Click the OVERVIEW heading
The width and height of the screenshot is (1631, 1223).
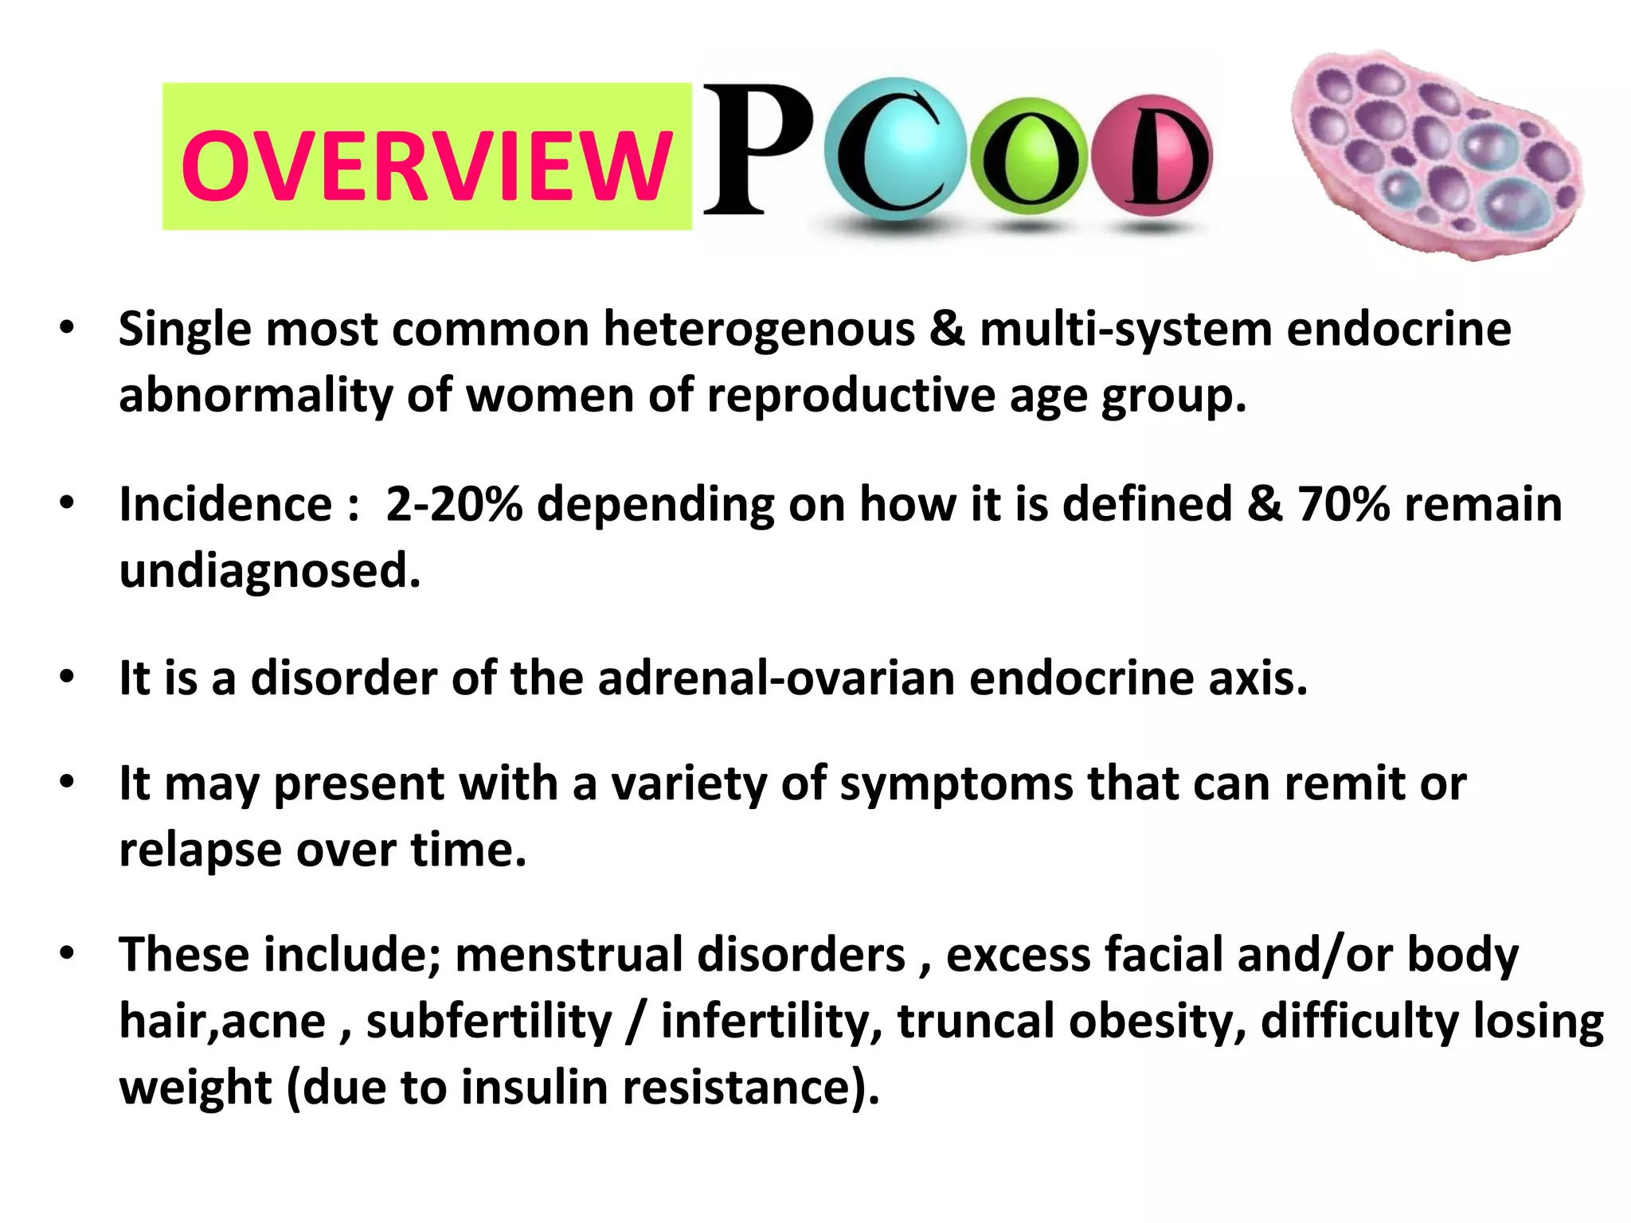pyautogui.click(x=427, y=166)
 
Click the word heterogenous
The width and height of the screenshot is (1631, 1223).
pyautogui.click(x=759, y=329)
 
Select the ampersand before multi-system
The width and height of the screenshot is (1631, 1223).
pyautogui.click(x=947, y=329)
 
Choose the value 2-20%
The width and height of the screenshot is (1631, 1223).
pyautogui.click(x=454, y=504)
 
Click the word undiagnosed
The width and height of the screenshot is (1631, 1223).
pyautogui.click(x=269, y=571)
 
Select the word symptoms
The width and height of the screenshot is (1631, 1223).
pyautogui.click(x=956, y=783)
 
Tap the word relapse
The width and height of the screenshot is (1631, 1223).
pyautogui.click(x=200, y=850)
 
